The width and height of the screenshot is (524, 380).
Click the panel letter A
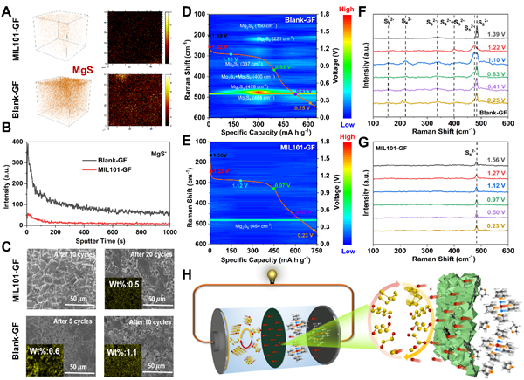point(7,7)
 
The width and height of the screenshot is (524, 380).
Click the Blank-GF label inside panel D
point(298,15)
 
